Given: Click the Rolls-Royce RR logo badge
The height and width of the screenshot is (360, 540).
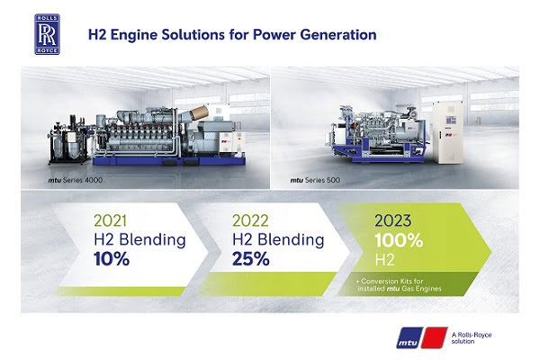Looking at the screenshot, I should point(48,35).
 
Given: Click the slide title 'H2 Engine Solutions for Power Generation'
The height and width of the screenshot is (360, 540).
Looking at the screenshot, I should point(231,37).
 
